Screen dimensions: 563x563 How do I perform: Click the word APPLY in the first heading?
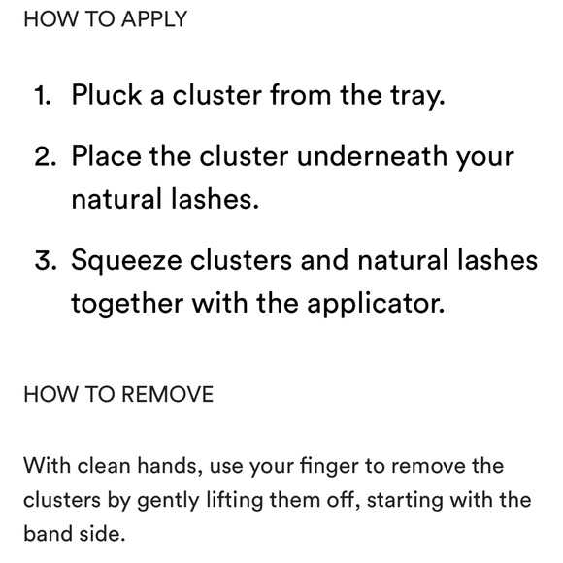coord(154,19)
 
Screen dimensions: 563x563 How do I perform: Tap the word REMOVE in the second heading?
coord(168,394)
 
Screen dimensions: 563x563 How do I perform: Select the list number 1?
coord(43,96)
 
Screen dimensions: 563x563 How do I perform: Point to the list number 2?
coord(46,157)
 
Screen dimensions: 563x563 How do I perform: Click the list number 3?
coord(46,260)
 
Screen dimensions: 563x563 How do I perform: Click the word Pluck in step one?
coord(107,95)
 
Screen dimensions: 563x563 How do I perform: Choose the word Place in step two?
coord(107,156)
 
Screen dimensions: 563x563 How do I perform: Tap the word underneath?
coord(372,156)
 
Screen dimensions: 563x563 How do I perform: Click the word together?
coord(127,304)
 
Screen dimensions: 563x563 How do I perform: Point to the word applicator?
coord(376,304)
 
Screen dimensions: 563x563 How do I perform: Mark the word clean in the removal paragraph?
coord(104,466)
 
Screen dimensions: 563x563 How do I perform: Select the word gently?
coord(168,501)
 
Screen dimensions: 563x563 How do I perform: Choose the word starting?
coord(405,501)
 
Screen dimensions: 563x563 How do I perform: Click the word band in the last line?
coord(48,533)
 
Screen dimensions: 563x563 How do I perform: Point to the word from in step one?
coord(301,95)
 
